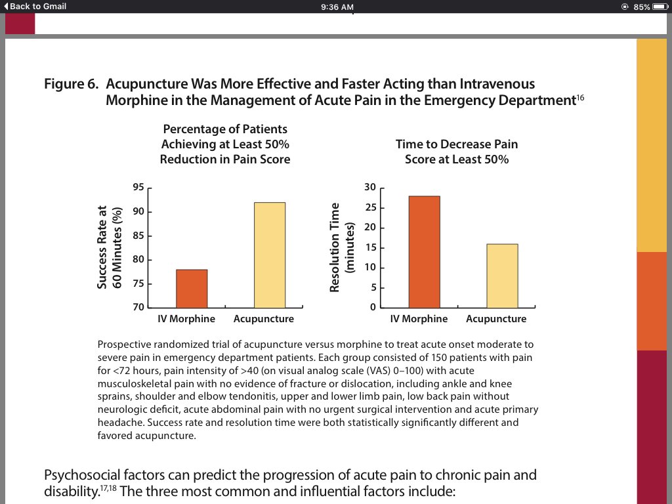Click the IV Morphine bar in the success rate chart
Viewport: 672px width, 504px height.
pos(192,288)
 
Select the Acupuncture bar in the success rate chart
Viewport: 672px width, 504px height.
pos(270,255)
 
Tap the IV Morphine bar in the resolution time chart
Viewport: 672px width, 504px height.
pos(424,251)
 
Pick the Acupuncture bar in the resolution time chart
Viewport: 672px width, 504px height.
pos(502,276)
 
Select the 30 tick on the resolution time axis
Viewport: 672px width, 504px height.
pos(370,188)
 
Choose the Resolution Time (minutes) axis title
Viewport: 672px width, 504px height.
pos(341,247)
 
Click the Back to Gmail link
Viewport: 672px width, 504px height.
pos(35,7)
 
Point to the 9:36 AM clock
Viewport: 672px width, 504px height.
pos(337,7)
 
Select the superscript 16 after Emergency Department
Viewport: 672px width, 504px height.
pos(579,98)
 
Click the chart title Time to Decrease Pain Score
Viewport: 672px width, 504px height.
pos(457,152)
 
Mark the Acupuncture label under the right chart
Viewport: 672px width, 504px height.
pos(496,319)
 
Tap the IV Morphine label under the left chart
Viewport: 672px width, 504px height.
pos(186,319)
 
